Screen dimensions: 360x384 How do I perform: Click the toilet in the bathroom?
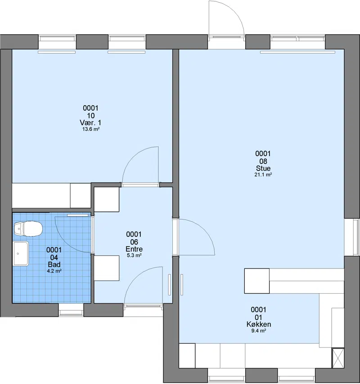click(x=28, y=229)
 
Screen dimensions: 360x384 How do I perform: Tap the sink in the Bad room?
click(x=21, y=254)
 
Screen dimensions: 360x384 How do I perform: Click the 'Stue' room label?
click(x=263, y=168)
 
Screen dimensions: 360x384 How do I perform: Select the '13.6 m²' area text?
click(x=90, y=129)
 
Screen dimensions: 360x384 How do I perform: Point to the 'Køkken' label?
click(x=259, y=324)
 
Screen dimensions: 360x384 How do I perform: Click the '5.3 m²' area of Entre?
click(x=134, y=255)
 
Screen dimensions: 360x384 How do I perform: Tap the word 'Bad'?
click(x=54, y=264)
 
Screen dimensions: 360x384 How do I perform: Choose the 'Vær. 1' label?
click(x=90, y=122)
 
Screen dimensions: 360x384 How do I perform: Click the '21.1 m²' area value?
click(x=263, y=174)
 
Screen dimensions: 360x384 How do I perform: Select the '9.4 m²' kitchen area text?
click(x=259, y=330)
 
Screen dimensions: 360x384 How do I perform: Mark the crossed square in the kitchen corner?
click(x=338, y=358)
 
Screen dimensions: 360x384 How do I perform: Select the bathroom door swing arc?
click(x=64, y=241)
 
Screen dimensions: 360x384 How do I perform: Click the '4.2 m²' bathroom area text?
click(x=54, y=271)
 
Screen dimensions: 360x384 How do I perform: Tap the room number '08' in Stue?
click(x=263, y=161)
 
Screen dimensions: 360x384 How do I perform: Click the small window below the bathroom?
click(x=71, y=310)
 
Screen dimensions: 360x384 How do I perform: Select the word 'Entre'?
click(x=134, y=249)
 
